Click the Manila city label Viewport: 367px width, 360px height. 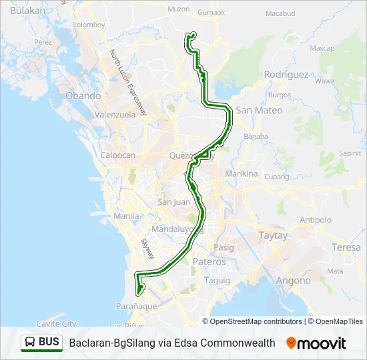pyautogui.click(x=127, y=216)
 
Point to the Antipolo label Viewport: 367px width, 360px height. pyautogui.click(x=315, y=220)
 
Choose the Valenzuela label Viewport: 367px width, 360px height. pyautogui.click(x=115, y=114)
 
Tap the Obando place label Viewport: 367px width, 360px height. pyautogui.click(x=83, y=96)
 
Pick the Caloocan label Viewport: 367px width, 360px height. pyautogui.click(x=117, y=155)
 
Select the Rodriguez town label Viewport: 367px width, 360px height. pyautogui.click(x=286, y=75)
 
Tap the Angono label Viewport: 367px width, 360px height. pyautogui.click(x=293, y=281)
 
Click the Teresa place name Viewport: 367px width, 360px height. pyautogui.click(x=346, y=247)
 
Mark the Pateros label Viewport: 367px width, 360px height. pyautogui.click(x=208, y=262)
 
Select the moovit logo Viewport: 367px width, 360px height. pyautogui.click(x=316, y=343)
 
